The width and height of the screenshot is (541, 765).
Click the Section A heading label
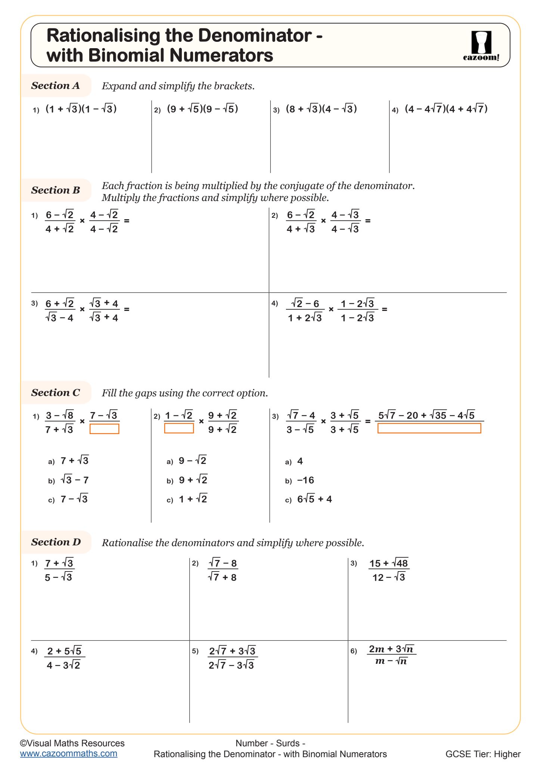coord(56,86)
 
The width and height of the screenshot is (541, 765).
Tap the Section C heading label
coord(56,393)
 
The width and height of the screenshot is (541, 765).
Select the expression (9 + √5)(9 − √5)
coord(202,109)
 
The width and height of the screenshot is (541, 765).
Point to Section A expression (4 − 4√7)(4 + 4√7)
coord(446,109)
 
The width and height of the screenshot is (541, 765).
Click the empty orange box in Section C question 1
coord(105,429)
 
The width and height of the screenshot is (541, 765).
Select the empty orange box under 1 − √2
coord(179,428)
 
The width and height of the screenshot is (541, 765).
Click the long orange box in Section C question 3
coord(429,428)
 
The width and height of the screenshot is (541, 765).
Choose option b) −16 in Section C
coord(305,480)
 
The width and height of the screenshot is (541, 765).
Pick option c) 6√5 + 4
coord(314,499)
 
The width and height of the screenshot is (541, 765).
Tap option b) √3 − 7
coord(74,480)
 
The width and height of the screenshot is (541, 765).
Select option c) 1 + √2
coord(193,499)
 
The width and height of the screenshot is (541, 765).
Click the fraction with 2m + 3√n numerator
coord(391,654)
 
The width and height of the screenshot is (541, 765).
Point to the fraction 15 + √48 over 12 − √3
coord(389,570)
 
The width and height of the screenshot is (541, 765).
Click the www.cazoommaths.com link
coord(69,753)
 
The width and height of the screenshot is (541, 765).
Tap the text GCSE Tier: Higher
coord(483,754)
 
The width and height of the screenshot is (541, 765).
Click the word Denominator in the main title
coord(255,35)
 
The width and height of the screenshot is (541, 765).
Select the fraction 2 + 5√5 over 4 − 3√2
coord(64,658)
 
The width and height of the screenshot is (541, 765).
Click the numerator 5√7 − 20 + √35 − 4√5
coord(426,415)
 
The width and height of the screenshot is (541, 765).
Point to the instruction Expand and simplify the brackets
coord(178,86)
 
